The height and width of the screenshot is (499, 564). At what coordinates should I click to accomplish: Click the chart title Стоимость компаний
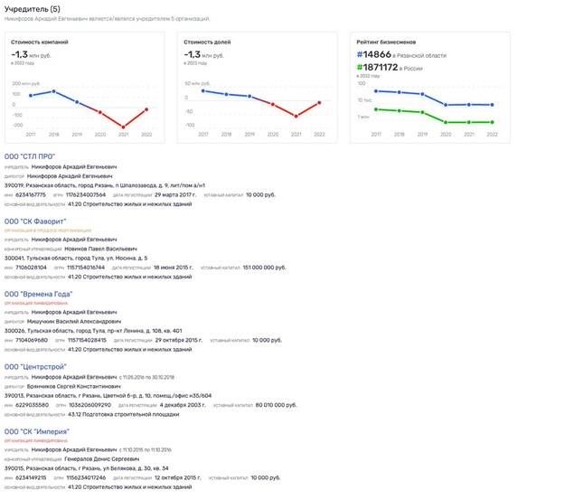pyautogui.click(x=39, y=42)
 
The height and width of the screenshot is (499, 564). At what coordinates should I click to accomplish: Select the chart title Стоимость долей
pyautogui.click(x=209, y=42)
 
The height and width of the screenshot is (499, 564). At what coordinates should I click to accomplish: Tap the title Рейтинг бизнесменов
pyautogui.click(x=386, y=42)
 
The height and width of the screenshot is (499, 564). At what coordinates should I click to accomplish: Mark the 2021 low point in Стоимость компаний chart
pyautogui.click(x=123, y=127)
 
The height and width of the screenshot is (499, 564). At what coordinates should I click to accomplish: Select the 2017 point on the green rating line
pyautogui.click(x=376, y=109)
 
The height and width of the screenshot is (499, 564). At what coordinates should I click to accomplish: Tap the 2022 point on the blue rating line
pyautogui.click(x=492, y=105)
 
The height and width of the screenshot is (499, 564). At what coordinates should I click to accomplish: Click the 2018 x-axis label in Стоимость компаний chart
pyautogui.click(x=53, y=134)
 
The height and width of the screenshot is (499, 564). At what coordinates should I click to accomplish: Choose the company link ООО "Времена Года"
pyautogui.click(x=40, y=294)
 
